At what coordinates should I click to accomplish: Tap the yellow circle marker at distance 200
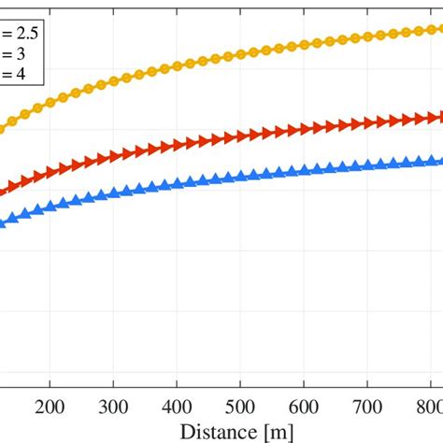click(x=50, y=100)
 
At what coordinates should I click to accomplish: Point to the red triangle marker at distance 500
click(x=240, y=136)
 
